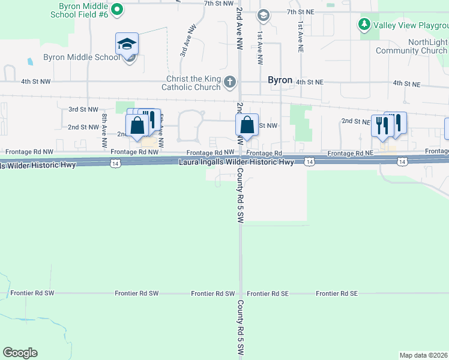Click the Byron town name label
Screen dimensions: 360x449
point(280,80)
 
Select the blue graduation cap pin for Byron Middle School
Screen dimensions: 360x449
point(127,44)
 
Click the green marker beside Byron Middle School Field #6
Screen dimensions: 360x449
point(118,9)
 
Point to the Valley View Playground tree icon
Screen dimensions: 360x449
point(364,25)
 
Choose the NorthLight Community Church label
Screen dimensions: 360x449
point(411,47)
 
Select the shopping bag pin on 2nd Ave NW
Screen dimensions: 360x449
point(247,125)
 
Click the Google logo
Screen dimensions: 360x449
point(20,353)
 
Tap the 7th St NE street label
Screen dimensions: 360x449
point(301,12)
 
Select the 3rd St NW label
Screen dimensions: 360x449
point(83,109)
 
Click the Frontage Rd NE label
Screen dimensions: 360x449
point(351,154)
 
